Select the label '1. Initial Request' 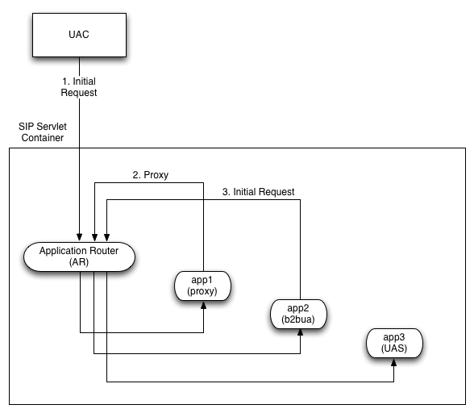point(78,86)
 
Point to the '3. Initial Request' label point(258,192)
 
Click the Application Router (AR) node point(79,256)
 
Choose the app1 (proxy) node point(202,286)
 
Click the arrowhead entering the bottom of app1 point(202,306)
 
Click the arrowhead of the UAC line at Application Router point(78,236)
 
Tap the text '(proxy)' point(202,291)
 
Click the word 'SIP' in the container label point(27,127)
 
